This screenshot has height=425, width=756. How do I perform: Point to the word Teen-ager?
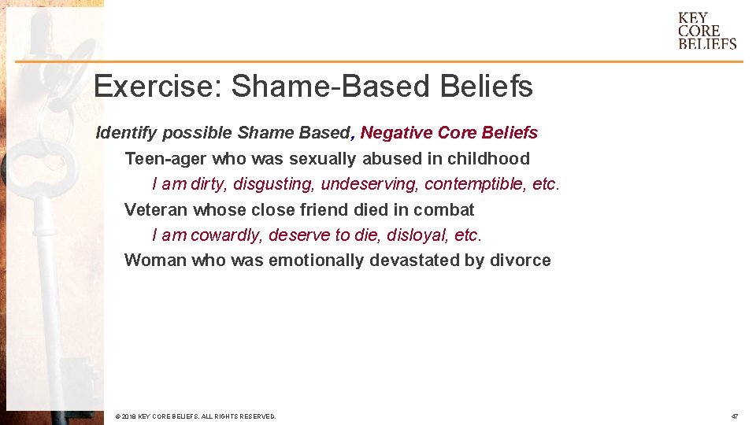click(164, 159)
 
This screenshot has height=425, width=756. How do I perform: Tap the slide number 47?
click(734, 416)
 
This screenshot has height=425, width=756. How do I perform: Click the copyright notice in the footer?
click(195, 416)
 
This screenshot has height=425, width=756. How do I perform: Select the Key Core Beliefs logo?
click(706, 31)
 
